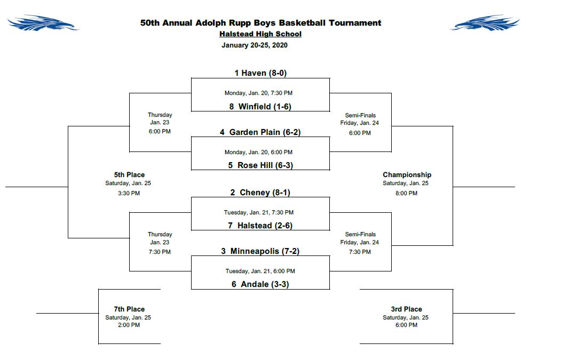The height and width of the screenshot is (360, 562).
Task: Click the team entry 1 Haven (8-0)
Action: [260, 73]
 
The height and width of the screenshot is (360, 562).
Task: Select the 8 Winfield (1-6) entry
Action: [260, 106]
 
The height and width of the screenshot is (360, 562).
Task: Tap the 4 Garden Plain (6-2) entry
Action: [260, 132]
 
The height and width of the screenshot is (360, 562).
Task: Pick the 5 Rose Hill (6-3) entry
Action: [260, 165]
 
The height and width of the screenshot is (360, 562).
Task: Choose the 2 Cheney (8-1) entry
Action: [260, 193]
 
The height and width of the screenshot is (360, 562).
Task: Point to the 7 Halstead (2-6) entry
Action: [260, 226]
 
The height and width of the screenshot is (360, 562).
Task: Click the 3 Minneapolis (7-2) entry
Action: [260, 251]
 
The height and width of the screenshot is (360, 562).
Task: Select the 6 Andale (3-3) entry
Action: [260, 284]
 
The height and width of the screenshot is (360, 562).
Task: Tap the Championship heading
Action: [407, 175]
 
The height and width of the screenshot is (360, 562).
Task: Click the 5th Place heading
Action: [129, 175]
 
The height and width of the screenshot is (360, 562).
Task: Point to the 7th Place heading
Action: [129, 309]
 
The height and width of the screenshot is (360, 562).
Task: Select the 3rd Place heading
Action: [406, 309]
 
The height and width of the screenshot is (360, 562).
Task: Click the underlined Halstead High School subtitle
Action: [260, 34]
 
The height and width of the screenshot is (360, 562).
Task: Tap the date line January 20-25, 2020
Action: [255, 45]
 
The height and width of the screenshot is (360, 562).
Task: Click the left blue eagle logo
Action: [43, 22]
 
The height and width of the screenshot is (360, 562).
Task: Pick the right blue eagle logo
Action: [485, 22]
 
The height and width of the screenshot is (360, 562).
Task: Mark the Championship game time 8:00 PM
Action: [407, 194]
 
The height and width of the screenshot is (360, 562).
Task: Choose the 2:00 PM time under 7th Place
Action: [129, 325]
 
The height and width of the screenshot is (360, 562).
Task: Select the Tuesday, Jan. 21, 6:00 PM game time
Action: [260, 271]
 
